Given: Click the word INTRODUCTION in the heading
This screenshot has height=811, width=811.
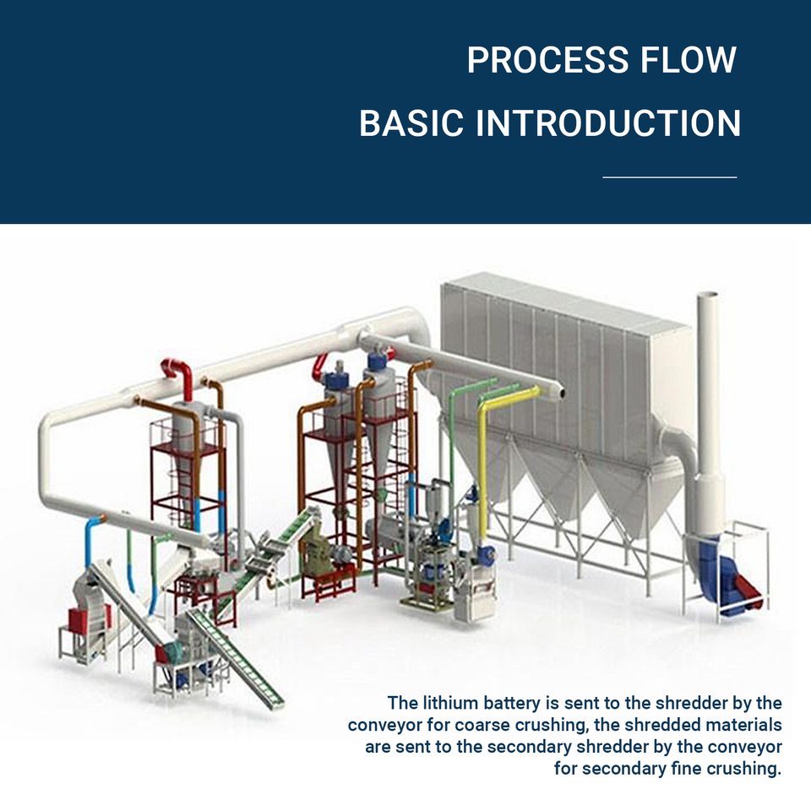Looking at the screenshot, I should coord(608,123).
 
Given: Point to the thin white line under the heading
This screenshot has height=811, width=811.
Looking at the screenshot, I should coord(669,177).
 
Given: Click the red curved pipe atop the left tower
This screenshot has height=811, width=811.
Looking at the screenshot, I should coord(178,376).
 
